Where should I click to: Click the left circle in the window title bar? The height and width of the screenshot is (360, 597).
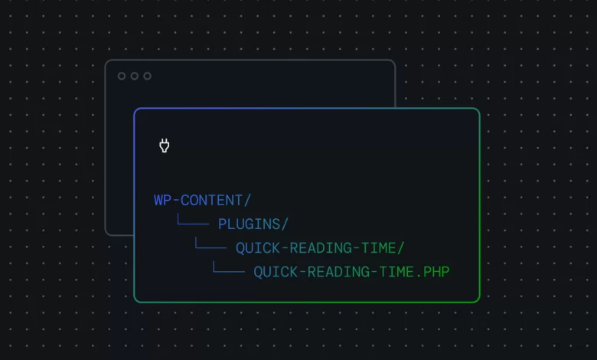pyautogui.click(x=122, y=76)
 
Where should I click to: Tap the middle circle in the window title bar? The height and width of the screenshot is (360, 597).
pyautogui.click(x=135, y=76)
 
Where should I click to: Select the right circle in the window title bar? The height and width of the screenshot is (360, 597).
pyautogui.click(x=147, y=76)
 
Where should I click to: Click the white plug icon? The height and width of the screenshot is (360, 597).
pyautogui.click(x=164, y=146)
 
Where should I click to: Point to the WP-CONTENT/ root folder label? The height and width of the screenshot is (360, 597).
pyautogui.click(x=202, y=201)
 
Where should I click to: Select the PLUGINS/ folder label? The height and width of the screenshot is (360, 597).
pyautogui.click(x=253, y=224)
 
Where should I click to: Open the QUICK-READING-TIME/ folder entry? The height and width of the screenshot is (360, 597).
pyautogui.click(x=320, y=248)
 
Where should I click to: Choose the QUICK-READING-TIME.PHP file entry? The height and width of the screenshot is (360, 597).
pyautogui.click(x=351, y=272)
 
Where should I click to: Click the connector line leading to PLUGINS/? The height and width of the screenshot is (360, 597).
pyautogui.click(x=192, y=223)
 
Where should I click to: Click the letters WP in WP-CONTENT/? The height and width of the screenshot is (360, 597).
pyautogui.click(x=162, y=201)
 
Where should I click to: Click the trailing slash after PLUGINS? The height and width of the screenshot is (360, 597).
pyautogui.click(x=285, y=224)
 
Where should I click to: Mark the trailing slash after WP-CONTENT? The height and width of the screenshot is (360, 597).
pyautogui.click(x=247, y=201)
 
